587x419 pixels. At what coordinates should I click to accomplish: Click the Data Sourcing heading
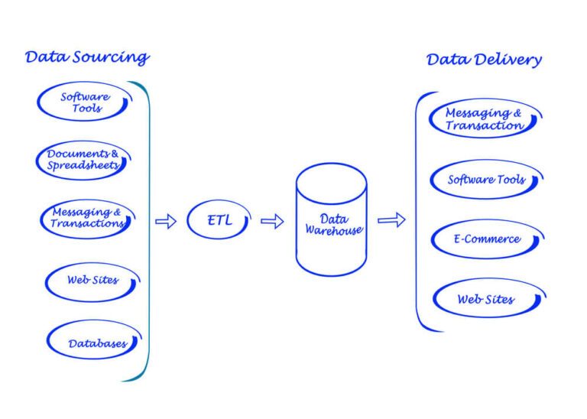[87, 57]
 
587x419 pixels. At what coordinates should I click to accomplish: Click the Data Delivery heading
[484, 60]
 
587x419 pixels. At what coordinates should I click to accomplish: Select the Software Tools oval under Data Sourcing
[85, 102]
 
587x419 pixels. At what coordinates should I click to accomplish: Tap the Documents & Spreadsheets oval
[82, 160]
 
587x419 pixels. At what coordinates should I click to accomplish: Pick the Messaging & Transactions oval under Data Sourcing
[86, 218]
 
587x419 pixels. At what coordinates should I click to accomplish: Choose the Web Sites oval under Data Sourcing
[92, 281]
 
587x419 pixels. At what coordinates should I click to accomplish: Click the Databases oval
[96, 343]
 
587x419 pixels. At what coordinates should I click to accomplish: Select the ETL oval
[219, 221]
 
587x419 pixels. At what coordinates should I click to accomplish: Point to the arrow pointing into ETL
[165, 222]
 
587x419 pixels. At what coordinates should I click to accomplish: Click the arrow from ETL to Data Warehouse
[272, 222]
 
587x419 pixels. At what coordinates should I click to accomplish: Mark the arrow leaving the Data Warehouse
[391, 220]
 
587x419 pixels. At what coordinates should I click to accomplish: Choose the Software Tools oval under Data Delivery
[486, 180]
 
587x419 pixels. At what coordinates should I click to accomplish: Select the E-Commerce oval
[486, 239]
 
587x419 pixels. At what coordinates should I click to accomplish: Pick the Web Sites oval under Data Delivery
[486, 299]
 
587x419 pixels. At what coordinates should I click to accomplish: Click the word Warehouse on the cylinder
[334, 229]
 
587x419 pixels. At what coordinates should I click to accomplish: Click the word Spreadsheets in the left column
[83, 165]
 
